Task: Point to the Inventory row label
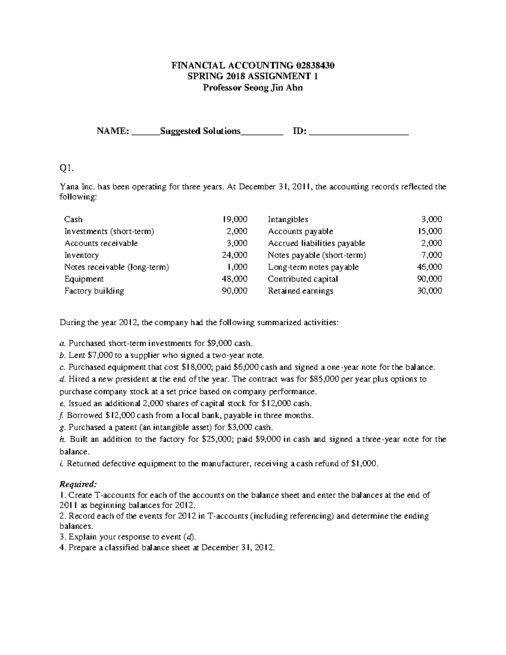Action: (81, 255)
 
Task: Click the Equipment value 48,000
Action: (235, 279)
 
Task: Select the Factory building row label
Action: (94, 291)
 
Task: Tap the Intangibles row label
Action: (288, 219)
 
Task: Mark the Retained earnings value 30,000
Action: (430, 291)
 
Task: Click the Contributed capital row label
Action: (303, 279)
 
